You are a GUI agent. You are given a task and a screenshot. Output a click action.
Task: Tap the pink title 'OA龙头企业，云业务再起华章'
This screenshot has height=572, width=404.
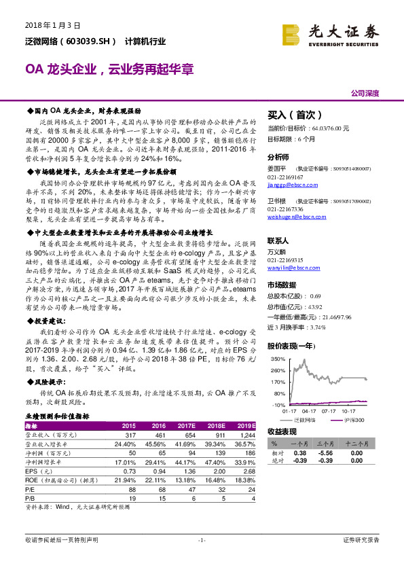[109, 69]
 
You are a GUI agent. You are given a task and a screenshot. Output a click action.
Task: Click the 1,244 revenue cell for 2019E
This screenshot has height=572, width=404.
[248, 434]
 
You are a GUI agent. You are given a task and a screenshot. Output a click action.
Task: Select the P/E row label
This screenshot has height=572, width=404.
[30, 488]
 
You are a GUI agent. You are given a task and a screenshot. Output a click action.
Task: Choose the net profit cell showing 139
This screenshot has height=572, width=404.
[219, 452]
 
